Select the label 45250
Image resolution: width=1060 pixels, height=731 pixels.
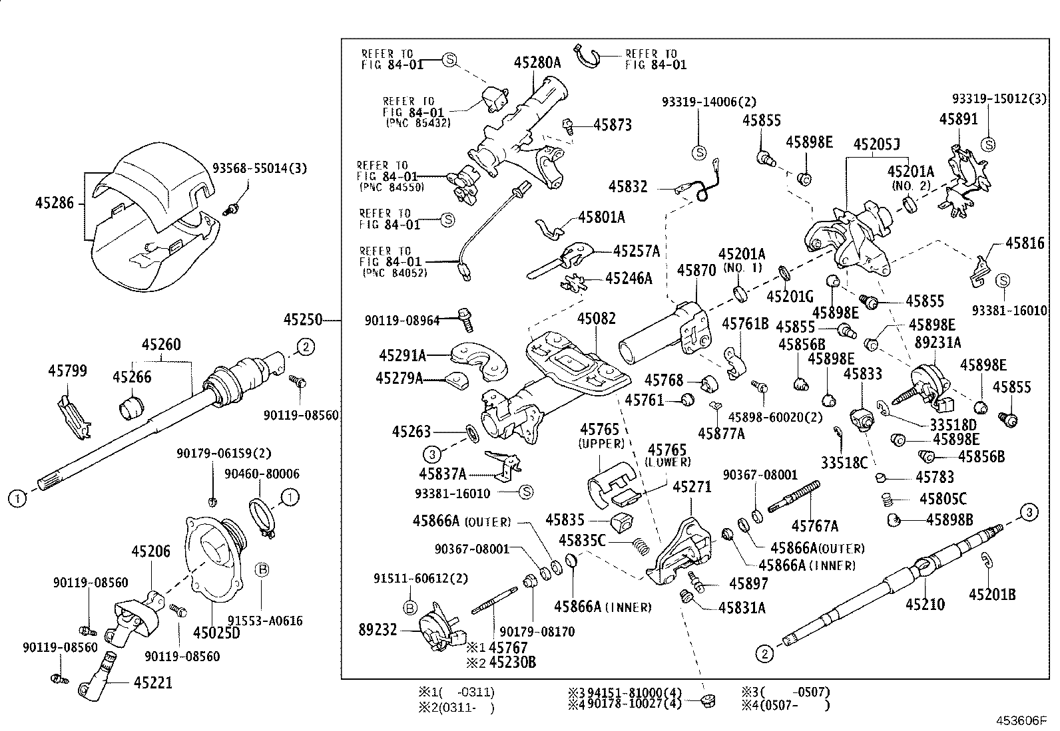(303, 320)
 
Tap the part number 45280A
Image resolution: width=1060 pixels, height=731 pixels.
(537, 63)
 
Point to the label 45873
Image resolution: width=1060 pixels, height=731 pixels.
(613, 125)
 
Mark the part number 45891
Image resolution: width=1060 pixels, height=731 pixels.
(959, 119)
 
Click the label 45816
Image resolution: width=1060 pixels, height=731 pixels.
(1025, 243)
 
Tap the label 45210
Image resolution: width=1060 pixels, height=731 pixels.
(925, 604)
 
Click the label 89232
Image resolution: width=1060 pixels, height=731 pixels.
(378, 629)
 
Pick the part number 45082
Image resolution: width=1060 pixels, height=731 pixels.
(596, 319)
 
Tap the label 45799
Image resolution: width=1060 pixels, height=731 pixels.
(67, 370)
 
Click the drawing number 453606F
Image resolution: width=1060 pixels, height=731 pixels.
(1022, 720)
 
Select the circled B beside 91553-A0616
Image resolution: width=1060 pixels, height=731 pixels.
(262, 569)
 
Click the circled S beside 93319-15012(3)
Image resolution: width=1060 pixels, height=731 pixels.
(989, 144)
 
